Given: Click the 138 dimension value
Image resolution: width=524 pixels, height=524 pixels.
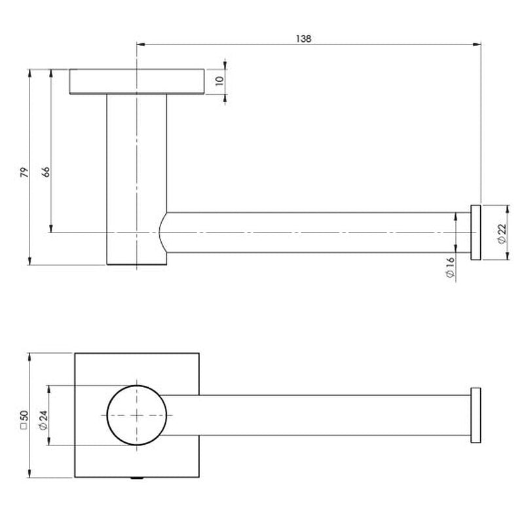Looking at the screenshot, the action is pyautogui.click(x=303, y=39).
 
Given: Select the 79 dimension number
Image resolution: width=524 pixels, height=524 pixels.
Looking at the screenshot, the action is pyautogui.click(x=25, y=173).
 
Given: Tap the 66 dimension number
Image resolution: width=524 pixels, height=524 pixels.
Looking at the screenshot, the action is pyautogui.click(x=46, y=172).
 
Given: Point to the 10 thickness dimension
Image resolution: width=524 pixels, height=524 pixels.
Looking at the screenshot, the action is pyautogui.click(x=219, y=81).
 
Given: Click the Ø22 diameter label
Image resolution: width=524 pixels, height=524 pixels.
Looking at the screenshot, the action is pyautogui.click(x=502, y=233).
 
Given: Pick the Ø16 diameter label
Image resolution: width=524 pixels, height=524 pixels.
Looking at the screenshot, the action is pyautogui.click(x=450, y=267).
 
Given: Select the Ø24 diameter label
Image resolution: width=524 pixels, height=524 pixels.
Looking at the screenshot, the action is pyautogui.click(x=43, y=420).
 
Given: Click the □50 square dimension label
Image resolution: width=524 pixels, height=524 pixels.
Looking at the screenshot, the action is pyautogui.click(x=24, y=420).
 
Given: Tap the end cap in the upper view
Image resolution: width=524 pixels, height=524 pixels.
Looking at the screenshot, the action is pyautogui.click(x=476, y=233).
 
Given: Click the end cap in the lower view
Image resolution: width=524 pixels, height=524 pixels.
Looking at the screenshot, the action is pyautogui.click(x=476, y=415).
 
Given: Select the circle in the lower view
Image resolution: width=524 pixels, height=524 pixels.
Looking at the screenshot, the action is pyautogui.click(x=137, y=415).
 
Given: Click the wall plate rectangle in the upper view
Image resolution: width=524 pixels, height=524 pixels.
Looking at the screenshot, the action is pyautogui.click(x=137, y=82).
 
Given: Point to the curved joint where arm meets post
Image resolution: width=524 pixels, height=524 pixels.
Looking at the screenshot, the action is pyautogui.click(x=162, y=233).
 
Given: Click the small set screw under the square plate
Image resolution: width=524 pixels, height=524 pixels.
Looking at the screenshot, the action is pyautogui.click(x=137, y=479).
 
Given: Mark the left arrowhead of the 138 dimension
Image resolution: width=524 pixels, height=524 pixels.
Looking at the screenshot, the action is pyautogui.click(x=141, y=44).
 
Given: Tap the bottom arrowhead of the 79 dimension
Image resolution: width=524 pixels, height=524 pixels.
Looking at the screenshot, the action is pyautogui.click(x=30, y=261).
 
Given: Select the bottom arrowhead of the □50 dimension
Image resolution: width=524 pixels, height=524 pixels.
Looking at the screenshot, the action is pyautogui.click(x=30, y=473).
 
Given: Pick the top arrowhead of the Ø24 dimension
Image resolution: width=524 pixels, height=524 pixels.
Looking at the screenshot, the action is pyautogui.click(x=49, y=390).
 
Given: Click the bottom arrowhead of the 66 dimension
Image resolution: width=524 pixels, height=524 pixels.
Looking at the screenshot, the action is pyautogui.click(x=51, y=228).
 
